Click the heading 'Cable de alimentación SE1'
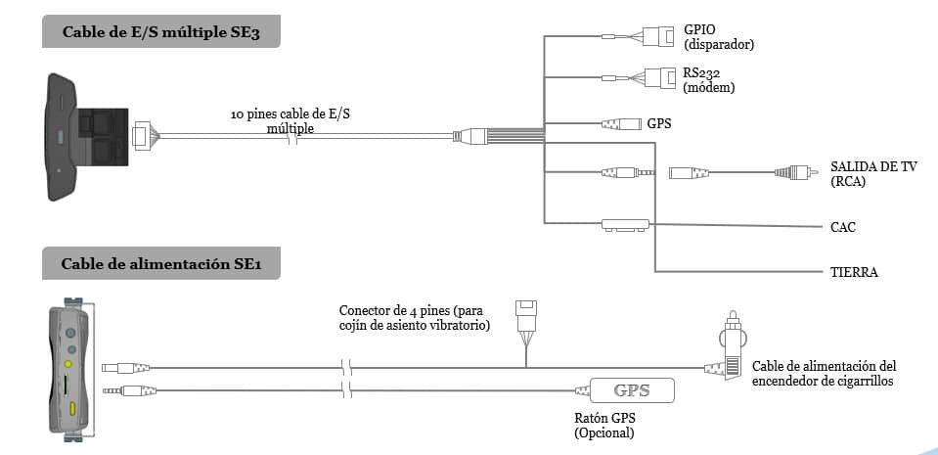(160, 264)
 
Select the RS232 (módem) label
(709, 79)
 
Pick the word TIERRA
(853, 272)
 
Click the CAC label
(843, 227)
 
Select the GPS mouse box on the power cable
(631, 391)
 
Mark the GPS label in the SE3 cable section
(659, 124)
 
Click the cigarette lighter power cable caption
(824, 374)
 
